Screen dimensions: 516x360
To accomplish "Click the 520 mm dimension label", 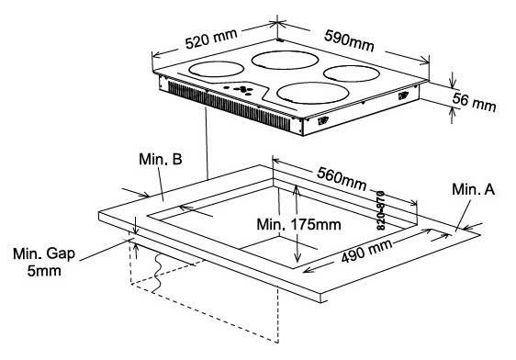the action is coord(211,39).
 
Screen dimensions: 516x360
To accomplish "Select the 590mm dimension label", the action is coord(349,40).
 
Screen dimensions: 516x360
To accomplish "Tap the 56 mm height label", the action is coord(474,102).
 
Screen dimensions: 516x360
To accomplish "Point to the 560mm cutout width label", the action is coord(342,179).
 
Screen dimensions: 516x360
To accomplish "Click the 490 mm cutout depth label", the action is coord(366,251).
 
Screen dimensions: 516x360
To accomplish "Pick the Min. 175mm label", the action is coord(298,225).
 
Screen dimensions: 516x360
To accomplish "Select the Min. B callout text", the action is coord(161,159).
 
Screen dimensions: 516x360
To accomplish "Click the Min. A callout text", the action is coord(473,189).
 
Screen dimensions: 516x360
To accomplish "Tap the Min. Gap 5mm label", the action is coord(44,263).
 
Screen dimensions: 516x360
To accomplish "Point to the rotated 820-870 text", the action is coord(380,210).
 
